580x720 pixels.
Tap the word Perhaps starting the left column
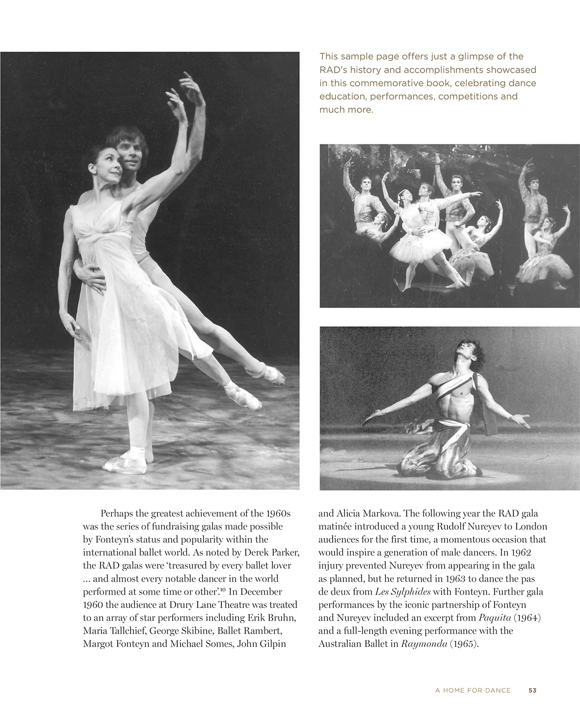[116, 514]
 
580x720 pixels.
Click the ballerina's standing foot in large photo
[129, 461]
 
